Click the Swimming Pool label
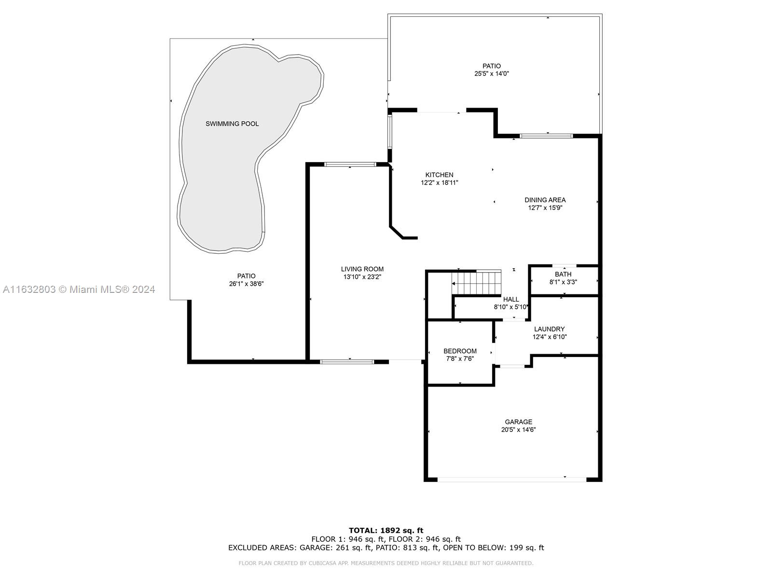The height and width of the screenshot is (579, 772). point(232,124)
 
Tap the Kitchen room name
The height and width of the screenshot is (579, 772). point(439,175)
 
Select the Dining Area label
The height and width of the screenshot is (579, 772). point(545,200)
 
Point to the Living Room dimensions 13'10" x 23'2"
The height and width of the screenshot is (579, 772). point(362,277)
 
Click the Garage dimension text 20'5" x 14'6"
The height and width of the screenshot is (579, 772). point(518,429)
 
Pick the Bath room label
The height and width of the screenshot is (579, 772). point(563,274)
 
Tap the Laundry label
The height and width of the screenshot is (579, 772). point(550,329)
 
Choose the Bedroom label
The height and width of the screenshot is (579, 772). point(460,351)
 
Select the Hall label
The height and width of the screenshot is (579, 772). point(511,299)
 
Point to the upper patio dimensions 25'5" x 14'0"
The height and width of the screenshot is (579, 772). point(492,74)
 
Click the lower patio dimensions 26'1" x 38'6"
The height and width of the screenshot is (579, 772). point(246,284)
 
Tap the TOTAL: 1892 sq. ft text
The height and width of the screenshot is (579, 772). point(386,530)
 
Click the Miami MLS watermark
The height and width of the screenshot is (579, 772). point(79,289)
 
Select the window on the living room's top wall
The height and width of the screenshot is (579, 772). point(350,164)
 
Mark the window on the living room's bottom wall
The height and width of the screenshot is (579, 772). point(347,362)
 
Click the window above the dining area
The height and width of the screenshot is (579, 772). point(546,136)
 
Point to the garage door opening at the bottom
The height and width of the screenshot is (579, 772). point(512,480)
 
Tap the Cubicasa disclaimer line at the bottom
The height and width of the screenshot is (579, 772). point(386,563)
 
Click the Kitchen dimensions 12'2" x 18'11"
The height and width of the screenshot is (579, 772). point(439,183)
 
